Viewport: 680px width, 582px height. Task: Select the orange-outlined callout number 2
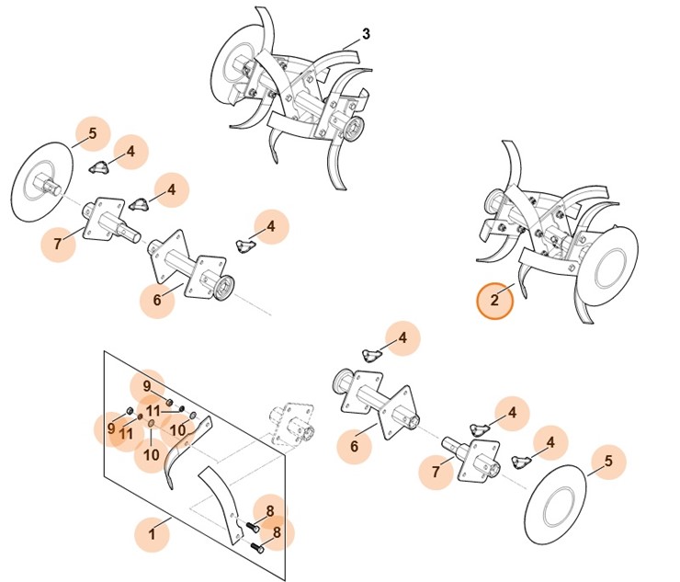[494, 300]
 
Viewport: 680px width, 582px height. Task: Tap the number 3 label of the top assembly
[366, 34]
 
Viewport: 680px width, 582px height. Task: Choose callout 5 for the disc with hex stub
[93, 134]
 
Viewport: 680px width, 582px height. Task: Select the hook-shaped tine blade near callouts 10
[184, 451]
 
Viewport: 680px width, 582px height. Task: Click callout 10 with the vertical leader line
[152, 454]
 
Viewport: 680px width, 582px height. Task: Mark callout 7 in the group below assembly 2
[436, 473]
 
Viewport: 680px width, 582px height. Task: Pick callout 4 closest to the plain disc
[550, 443]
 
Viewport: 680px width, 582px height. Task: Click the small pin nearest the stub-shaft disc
[99, 166]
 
